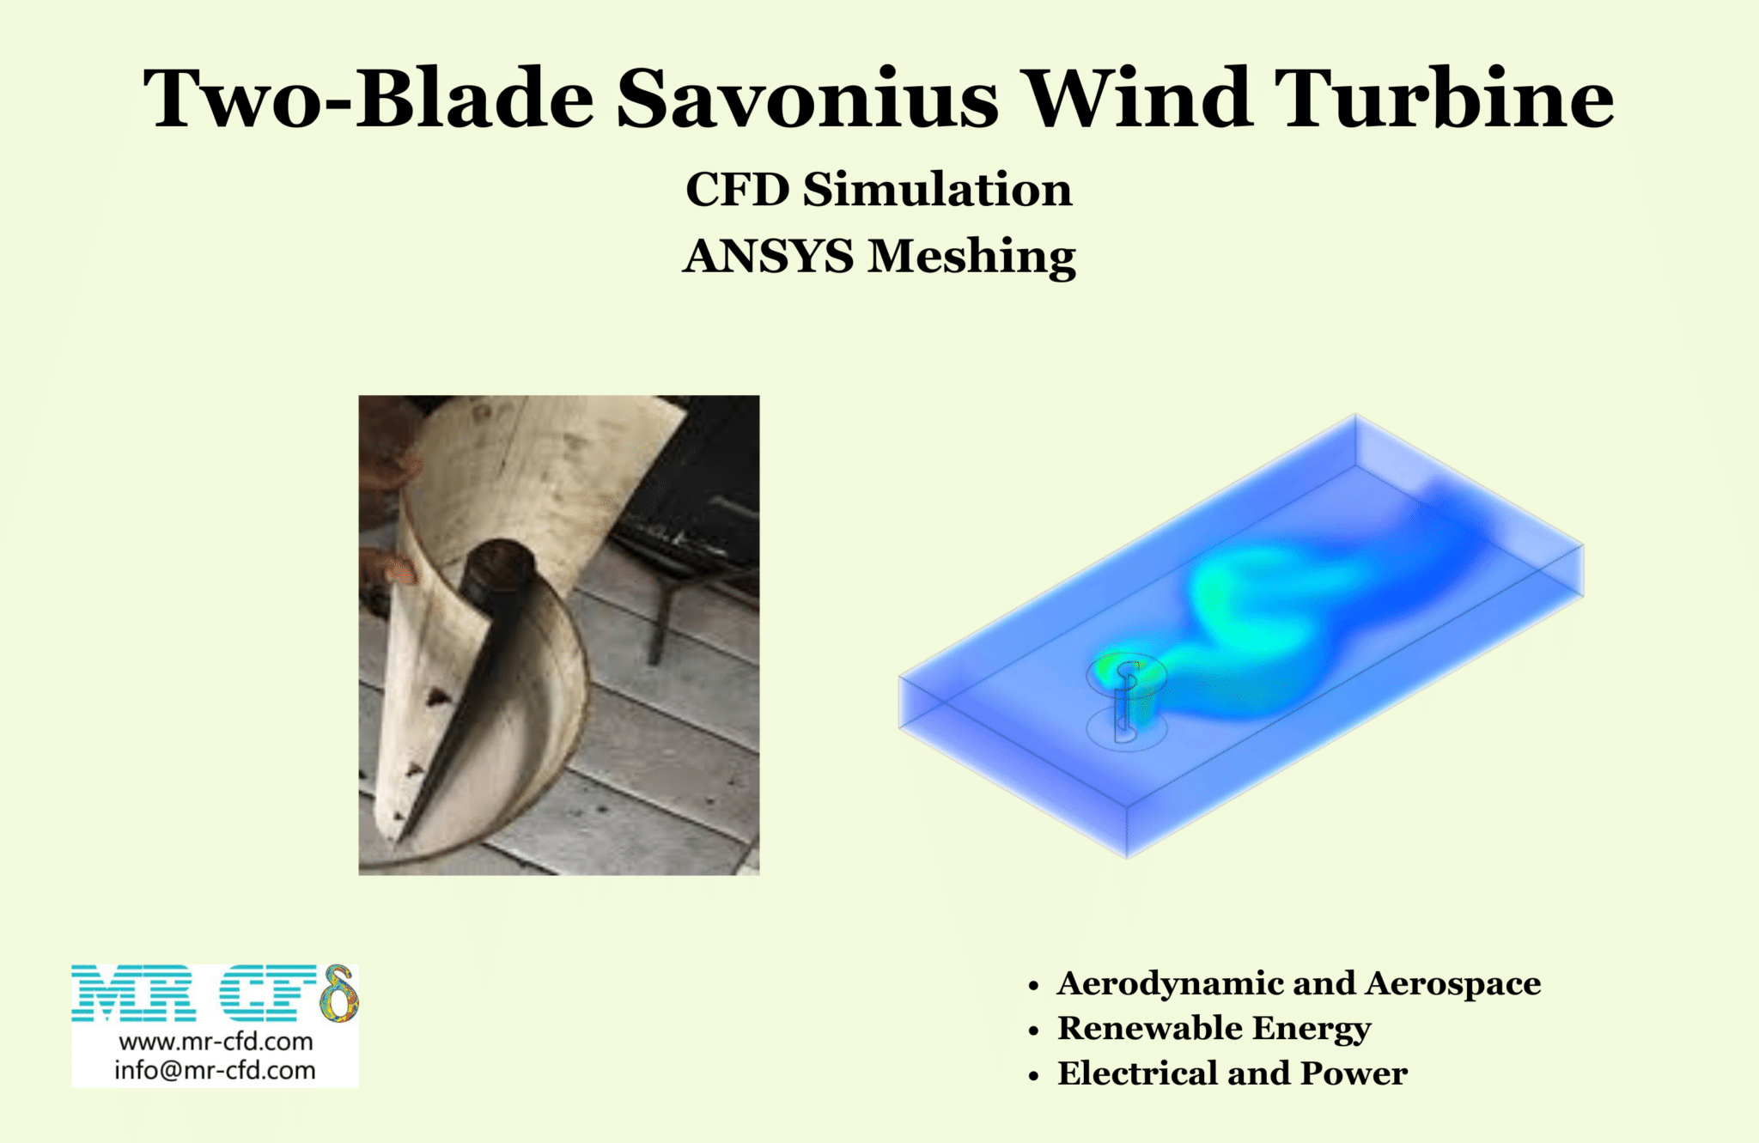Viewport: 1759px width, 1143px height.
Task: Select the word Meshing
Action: pyautogui.click(x=971, y=258)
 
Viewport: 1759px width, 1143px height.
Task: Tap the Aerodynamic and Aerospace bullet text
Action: pyautogui.click(x=1298, y=983)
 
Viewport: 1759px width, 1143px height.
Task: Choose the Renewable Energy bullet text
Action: pyautogui.click(x=1214, y=1029)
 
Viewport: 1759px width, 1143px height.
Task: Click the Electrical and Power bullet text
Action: pyautogui.click(x=1232, y=1073)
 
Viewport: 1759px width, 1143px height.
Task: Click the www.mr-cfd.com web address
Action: pyautogui.click(x=216, y=1042)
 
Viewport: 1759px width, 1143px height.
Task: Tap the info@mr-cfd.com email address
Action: pyautogui.click(x=215, y=1070)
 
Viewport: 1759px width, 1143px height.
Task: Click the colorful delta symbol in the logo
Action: pyautogui.click(x=339, y=994)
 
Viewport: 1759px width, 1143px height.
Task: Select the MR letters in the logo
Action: pyautogui.click(x=133, y=994)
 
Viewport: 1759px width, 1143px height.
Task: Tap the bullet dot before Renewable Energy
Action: pyautogui.click(x=1034, y=1031)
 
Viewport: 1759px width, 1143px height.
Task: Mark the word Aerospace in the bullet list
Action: pyautogui.click(x=1452, y=983)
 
